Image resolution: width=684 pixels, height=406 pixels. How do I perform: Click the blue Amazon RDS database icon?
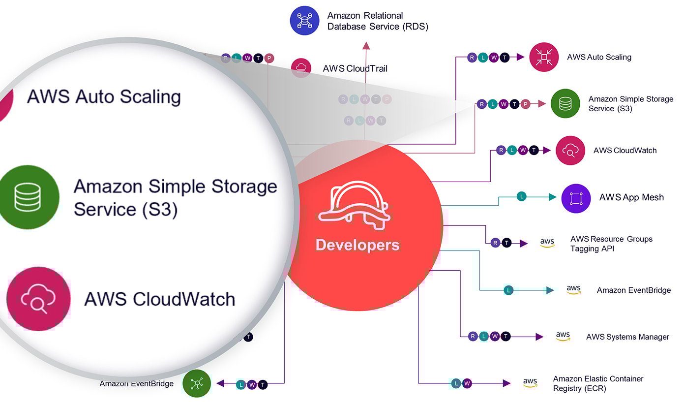[305, 21]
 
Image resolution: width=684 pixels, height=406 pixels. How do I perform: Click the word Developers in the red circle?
[357, 245]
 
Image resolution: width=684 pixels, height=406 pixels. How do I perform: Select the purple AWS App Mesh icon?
[576, 198]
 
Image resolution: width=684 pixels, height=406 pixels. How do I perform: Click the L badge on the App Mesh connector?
[522, 197]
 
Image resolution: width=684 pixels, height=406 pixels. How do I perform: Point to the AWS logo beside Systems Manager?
[563, 337]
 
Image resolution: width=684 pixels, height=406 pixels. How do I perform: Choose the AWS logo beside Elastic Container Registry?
[530, 383]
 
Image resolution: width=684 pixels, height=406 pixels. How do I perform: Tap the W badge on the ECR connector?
[467, 383]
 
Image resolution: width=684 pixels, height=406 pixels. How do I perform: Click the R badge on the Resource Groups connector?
[495, 243]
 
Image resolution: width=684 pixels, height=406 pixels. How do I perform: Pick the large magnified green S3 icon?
[29, 197]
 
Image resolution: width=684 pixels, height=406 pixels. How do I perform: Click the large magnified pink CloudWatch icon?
[38, 299]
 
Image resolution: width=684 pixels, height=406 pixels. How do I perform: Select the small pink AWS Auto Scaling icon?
[544, 57]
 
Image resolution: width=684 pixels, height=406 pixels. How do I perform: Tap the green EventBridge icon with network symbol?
[197, 383]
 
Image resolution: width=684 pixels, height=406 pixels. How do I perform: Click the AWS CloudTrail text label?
[355, 68]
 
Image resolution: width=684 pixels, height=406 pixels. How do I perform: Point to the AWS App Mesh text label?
[631, 197]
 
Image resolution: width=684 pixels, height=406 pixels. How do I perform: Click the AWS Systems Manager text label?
[627, 337]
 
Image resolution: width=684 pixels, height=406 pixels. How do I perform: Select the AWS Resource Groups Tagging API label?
[611, 244]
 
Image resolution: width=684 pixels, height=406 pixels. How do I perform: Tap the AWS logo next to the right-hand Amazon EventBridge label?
[573, 290]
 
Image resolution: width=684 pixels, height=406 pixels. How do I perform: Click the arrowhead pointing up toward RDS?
[366, 46]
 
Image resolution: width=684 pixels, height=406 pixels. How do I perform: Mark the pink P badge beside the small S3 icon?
[525, 104]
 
